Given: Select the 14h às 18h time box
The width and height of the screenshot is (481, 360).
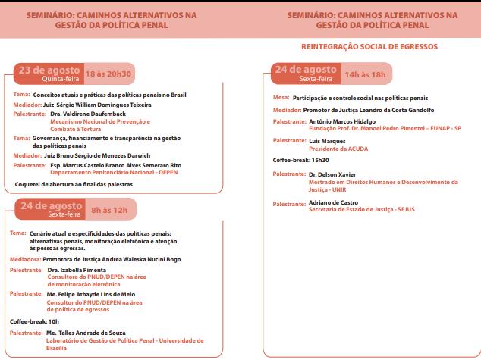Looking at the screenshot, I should pyautogui.click(x=365, y=75).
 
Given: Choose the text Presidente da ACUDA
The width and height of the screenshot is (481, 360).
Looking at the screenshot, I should pyautogui.click(x=338, y=149).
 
